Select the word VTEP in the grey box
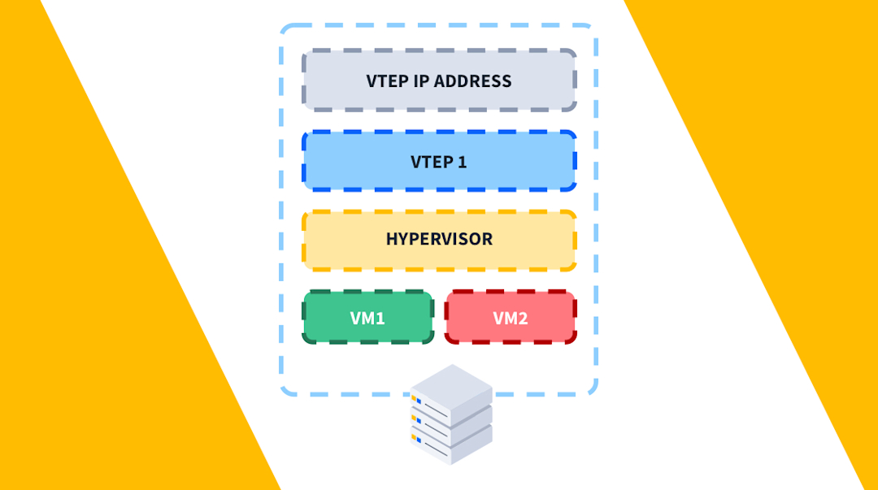pyautogui.click(x=387, y=81)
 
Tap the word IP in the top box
pyautogui.click(x=422, y=81)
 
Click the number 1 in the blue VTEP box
pyautogui.click(x=463, y=161)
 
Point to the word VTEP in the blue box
pyautogui.click(x=432, y=161)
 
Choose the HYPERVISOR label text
pyautogui.click(x=439, y=240)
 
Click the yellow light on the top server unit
pyautogui.click(x=414, y=398)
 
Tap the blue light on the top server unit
pyautogui.click(x=419, y=401)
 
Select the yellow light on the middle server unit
pyautogui.click(x=414, y=418)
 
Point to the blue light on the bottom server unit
pyautogui.click(x=419, y=440)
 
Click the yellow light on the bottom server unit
pyautogui.click(x=414, y=437)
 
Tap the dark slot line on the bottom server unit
pyautogui.click(x=436, y=449)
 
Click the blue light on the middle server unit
pyautogui.click(x=419, y=421)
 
